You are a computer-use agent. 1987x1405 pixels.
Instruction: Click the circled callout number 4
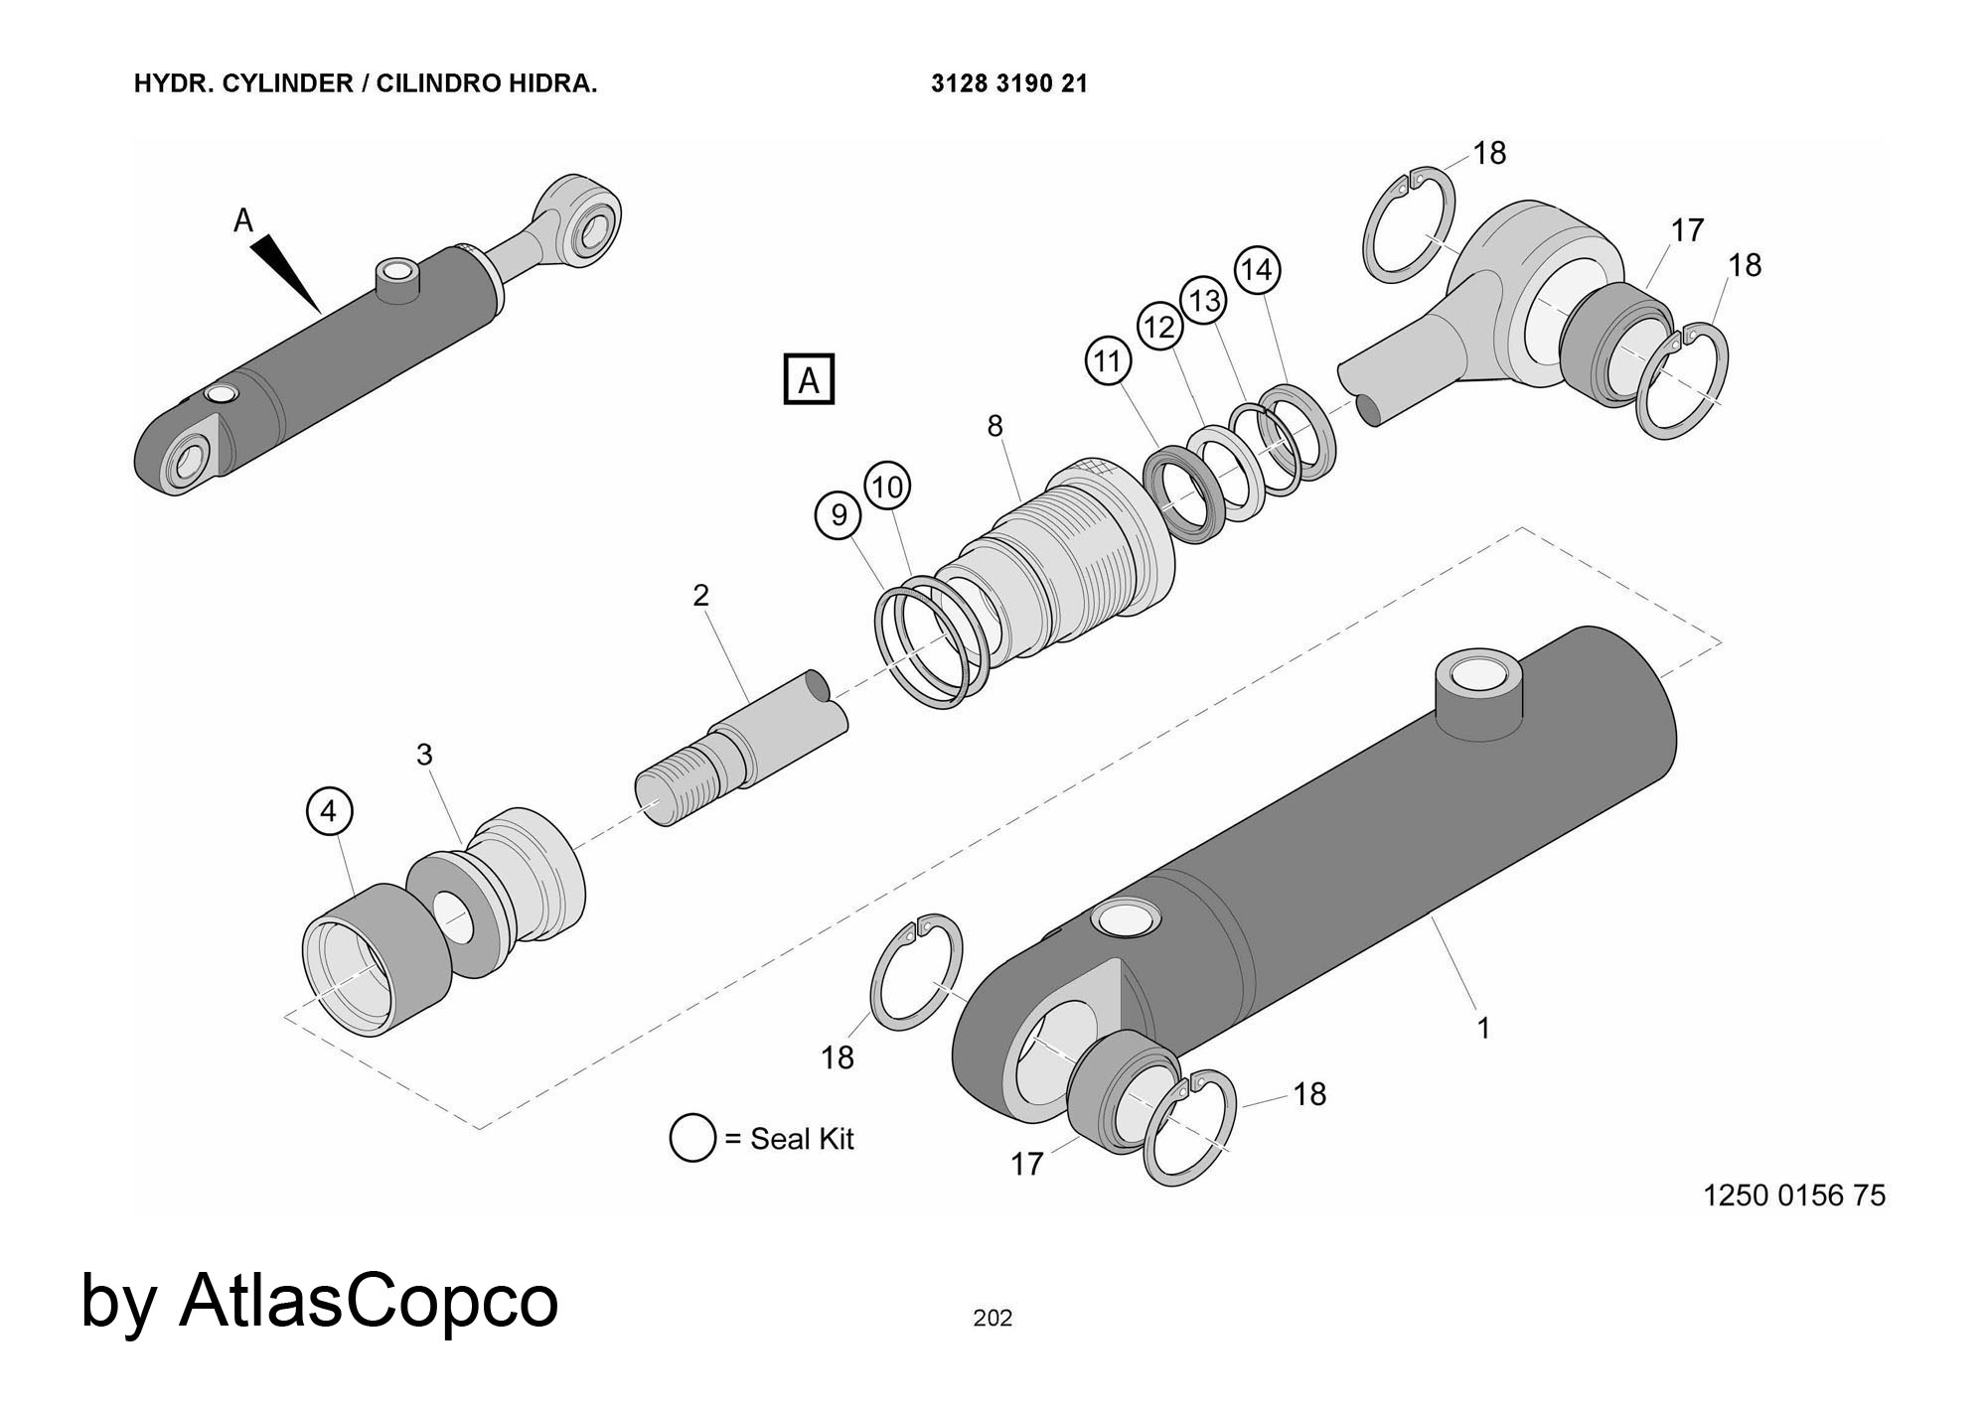pyautogui.click(x=329, y=811)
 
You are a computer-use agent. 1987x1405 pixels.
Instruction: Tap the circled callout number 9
pyautogui.click(x=839, y=515)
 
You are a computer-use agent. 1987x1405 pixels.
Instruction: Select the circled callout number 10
pyautogui.click(x=887, y=487)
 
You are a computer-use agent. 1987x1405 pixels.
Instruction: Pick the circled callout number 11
pyautogui.click(x=1109, y=360)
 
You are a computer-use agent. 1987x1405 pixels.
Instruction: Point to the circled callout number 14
pyautogui.click(x=1257, y=270)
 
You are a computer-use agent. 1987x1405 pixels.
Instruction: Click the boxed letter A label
pyautogui.click(x=809, y=379)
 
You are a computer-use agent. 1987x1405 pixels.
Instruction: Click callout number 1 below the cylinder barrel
pyautogui.click(x=1483, y=1029)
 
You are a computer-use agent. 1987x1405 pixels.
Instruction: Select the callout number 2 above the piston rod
pyautogui.click(x=701, y=596)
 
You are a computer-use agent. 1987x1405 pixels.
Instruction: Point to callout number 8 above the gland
pyautogui.click(x=994, y=426)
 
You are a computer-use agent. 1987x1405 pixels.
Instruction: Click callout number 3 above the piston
pyautogui.click(x=424, y=755)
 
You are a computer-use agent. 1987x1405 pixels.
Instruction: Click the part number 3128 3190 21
pyautogui.click(x=1009, y=83)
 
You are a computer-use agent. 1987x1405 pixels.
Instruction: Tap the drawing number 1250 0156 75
pyautogui.click(x=1794, y=1195)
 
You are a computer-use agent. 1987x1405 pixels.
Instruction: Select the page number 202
pyautogui.click(x=993, y=1319)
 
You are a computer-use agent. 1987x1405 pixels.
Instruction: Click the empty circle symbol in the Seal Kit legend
pyautogui.click(x=692, y=1138)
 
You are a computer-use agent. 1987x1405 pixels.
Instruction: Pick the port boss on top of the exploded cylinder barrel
pyautogui.click(x=1477, y=695)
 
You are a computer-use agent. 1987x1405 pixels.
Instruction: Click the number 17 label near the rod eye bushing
pyautogui.click(x=1687, y=230)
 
